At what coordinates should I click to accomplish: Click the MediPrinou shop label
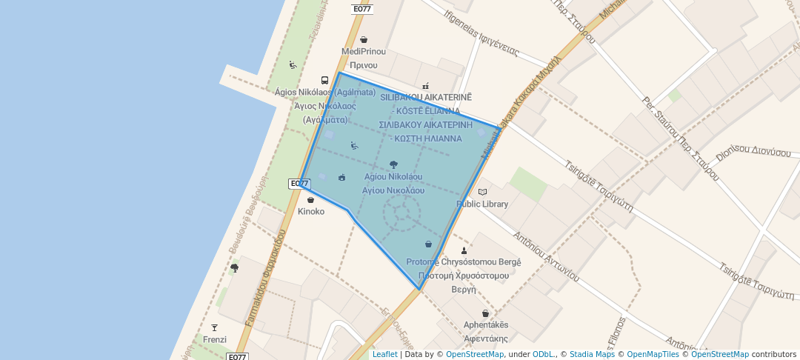[364, 52]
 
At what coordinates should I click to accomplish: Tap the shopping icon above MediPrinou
[364, 40]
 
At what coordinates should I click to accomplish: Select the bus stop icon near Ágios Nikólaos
[324, 80]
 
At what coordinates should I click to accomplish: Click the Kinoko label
[311, 211]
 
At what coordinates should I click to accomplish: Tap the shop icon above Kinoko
[310, 200]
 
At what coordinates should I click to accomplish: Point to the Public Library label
[482, 204]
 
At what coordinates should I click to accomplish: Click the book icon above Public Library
[483, 192]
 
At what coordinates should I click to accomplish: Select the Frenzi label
[215, 339]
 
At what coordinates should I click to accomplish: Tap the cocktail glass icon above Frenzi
[215, 327]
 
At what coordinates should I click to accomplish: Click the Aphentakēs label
[486, 325]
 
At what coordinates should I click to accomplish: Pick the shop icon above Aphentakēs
[485, 313]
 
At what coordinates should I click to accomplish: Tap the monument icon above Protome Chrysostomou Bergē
[464, 250]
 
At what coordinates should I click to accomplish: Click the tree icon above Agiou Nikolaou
[393, 165]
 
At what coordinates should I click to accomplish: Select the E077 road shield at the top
[362, 9]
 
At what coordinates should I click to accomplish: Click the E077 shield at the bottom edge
[237, 356]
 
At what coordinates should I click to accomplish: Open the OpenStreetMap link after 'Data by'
[475, 354]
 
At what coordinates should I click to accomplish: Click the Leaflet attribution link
[384, 354]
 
